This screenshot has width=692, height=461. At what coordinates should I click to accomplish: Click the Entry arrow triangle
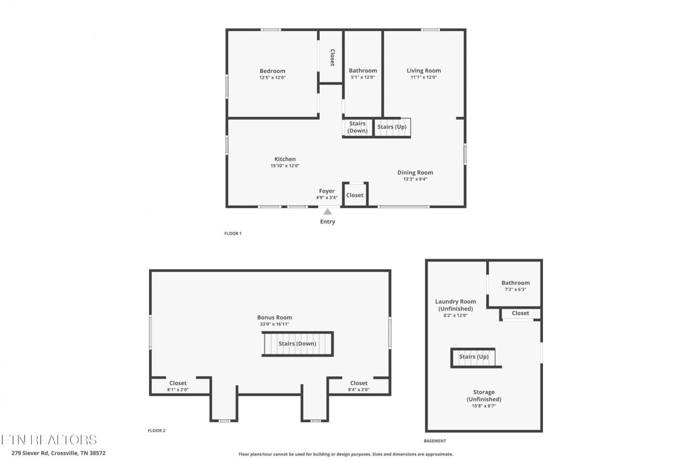pyautogui.click(x=328, y=212)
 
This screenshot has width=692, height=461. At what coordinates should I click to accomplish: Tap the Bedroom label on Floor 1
pyautogui.click(x=272, y=71)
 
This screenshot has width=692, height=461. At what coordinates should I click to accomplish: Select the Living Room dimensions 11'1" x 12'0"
pyautogui.click(x=424, y=77)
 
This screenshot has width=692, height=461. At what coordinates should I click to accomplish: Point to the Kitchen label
pyautogui.click(x=285, y=159)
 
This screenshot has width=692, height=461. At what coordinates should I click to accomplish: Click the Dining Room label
pyautogui.click(x=415, y=173)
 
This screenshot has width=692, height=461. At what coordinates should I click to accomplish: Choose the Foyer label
pyautogui.click(x=327, y=191)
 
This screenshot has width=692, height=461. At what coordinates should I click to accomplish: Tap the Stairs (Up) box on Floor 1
pyautogui.click(x=392, y=127)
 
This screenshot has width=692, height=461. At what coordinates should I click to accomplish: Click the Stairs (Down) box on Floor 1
pyautogui.click(x=358, y=127)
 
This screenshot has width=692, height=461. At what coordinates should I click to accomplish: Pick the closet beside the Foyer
pyautogui.click(x=355, y=194)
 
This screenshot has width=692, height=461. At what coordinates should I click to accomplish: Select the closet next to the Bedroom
pyautogui.click(x=331, y=57)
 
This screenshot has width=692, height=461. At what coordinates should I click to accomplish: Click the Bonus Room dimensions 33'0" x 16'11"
pyautogui.click(x=274, y=324)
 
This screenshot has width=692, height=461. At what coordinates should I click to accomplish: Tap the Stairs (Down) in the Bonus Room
pyautogui.click(x=298, y=344)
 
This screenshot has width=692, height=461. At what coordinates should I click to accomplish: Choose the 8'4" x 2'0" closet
pyautogui.click(x=358, y=386)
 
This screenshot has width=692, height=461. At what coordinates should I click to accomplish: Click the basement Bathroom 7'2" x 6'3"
pyautogui.click(x=515, y=284)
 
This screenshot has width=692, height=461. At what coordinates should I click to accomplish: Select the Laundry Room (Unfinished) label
pyautogui.click(x=455, y=305)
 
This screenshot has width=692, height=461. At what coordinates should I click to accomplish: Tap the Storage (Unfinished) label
pyautogui.click(x=484, y=395)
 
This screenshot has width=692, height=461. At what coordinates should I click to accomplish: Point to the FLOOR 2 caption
pyautogui.click(x=156, y=431)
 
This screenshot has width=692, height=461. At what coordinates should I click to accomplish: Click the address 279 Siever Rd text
pyautogui.click(x=30, y=453)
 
